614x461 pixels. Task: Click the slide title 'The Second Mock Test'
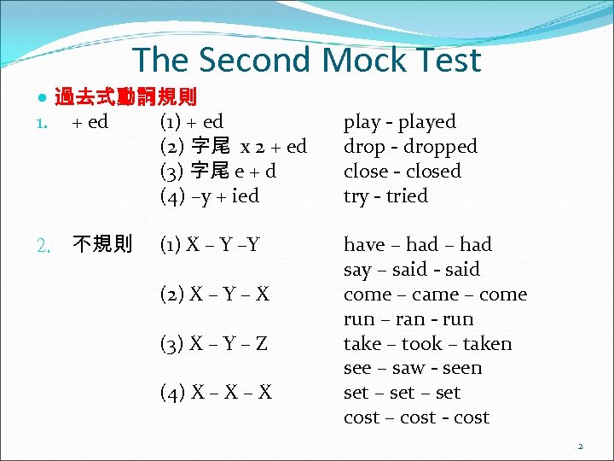306,60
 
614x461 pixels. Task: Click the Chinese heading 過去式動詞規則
125,97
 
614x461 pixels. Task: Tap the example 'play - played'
399,122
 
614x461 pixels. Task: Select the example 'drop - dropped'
410,147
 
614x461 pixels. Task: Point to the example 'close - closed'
402,171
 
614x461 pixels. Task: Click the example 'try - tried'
385,195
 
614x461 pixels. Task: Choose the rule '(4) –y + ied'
210,195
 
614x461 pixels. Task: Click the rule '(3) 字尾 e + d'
218,171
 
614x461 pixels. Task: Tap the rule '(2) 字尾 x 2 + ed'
234,147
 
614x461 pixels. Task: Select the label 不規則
102,245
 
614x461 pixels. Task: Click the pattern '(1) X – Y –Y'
210,245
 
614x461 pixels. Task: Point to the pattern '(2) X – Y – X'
215,295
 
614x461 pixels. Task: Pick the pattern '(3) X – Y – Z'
214,344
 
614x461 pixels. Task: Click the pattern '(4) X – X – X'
216,393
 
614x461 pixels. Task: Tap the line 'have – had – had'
418,245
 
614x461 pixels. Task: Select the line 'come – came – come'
435,295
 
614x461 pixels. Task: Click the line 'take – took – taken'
427,344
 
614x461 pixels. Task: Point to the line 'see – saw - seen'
413,368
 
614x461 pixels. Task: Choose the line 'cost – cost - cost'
416,417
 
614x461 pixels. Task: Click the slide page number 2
580,446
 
